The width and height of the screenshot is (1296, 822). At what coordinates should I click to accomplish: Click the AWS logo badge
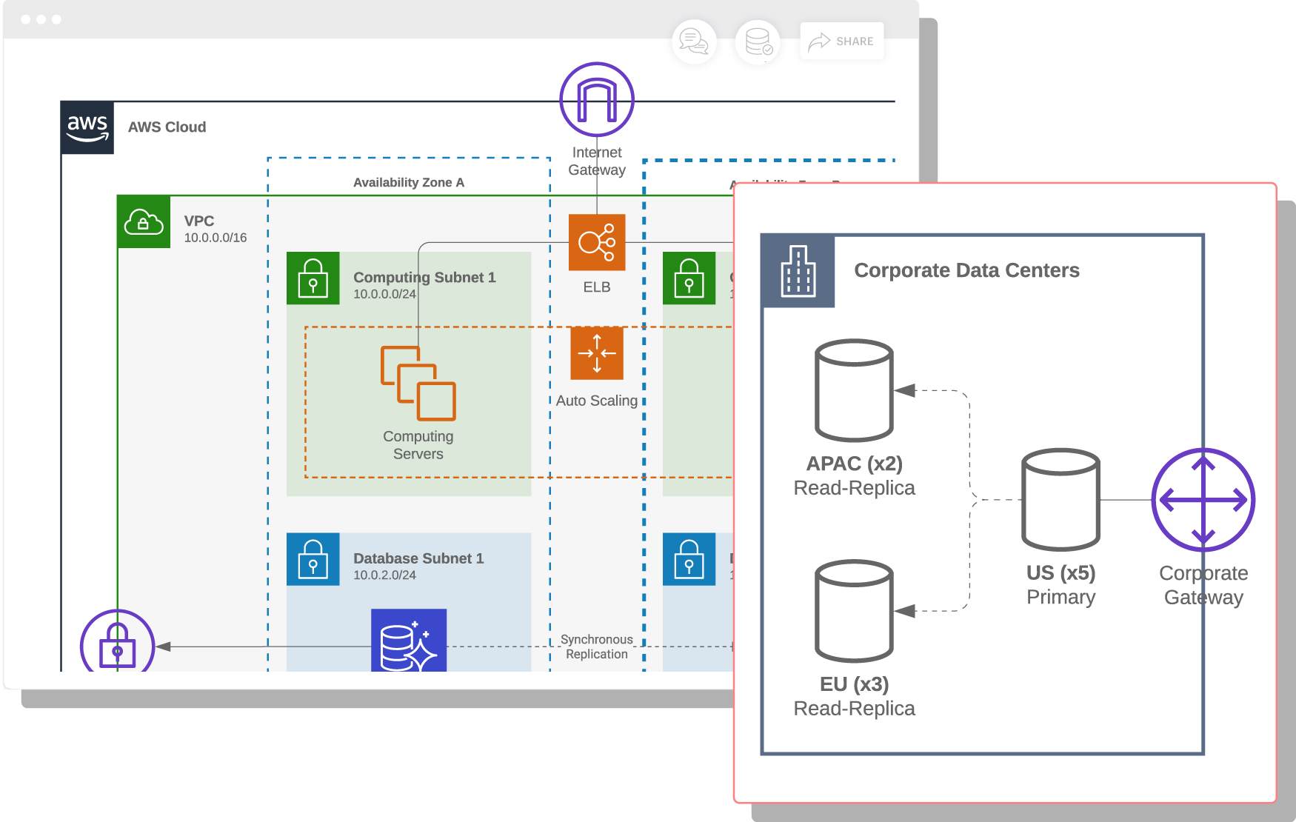[x=87, y=127]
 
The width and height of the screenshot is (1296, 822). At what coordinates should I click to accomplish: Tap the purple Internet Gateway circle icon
[x=597, y=99]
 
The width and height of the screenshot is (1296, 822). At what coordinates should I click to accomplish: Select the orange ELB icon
[x=597, y=242]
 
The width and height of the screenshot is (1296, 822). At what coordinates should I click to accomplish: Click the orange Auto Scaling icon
[x=597, y=353]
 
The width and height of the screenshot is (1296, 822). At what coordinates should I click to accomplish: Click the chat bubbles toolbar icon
[x=694, y=41]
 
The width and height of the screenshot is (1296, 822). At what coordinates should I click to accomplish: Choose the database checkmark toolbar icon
[x=758, y=41]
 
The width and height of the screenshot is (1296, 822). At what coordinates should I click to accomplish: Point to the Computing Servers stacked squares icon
[x=418, y=384]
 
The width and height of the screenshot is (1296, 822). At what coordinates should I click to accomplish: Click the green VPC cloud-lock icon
[x=144, y=221]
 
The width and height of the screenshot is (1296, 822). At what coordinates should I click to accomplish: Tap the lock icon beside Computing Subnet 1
[x=313, y=278]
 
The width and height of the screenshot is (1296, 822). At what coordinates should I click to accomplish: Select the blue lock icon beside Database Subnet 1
[x=313, y=559]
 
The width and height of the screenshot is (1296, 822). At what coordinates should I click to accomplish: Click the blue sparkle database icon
[x=409, y=641]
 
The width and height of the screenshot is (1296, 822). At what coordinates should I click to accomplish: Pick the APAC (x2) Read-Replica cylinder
[x=854, y=390]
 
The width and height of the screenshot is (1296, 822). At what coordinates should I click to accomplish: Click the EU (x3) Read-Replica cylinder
[x=854, y=611]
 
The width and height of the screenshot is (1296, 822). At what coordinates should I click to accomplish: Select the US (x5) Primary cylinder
[x=1060, y=499]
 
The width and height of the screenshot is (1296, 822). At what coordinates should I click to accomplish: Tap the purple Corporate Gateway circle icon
[x=1203, y=500]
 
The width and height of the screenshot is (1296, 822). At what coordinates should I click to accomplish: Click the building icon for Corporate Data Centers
[x=798, y=271]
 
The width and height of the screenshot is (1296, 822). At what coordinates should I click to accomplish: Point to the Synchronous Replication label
[x=596, y=646]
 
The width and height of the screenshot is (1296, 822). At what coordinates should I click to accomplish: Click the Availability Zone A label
[x=408, y=182]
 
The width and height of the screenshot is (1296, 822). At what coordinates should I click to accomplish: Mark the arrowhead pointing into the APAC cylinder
[x=905, y=390]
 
